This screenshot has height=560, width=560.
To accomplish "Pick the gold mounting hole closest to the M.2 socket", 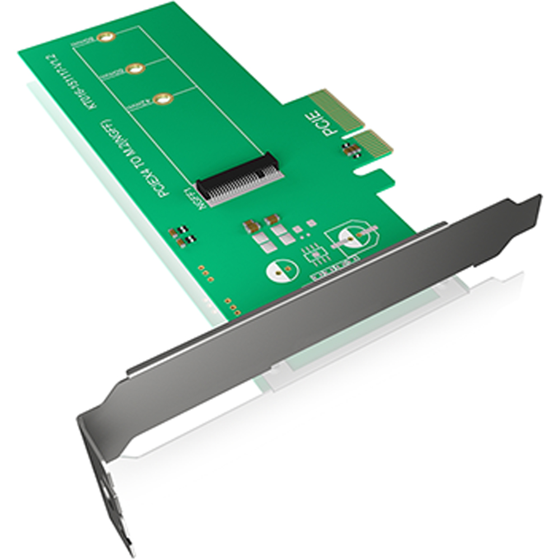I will pyautogui.click(x=163, y=100).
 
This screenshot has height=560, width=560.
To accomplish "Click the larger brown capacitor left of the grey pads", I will pyautogui.click(x=251, y=226).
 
